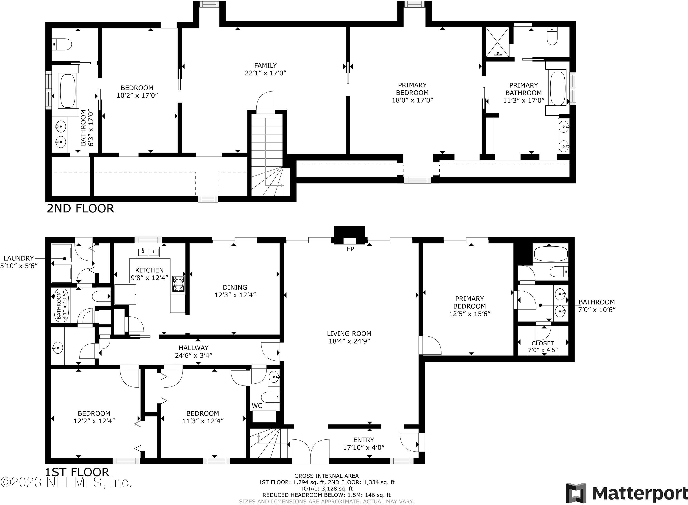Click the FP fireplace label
[x=350, y=249]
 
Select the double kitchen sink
[x=148, y=252]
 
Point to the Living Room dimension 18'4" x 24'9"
[x=349, y=341]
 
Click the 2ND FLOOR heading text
[x=80, y=209]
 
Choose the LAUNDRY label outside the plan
[x=19, y=258]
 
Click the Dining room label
[x=235, y=287]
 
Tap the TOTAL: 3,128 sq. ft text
[x=326, y=488]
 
